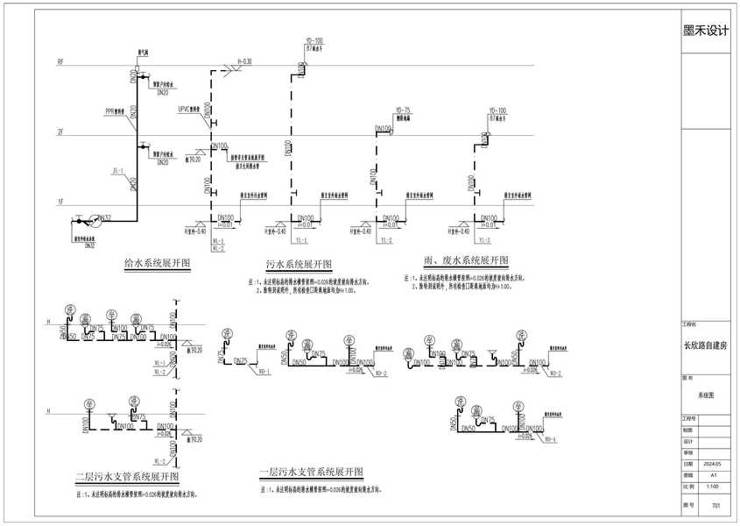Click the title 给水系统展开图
(x=158, y=262)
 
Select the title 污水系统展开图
(x=299, y=265)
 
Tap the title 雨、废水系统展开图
(x=464, y=261)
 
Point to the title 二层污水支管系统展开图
(x=127, y=477)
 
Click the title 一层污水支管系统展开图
(x=311, y=473)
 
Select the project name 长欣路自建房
(x=705, y=345)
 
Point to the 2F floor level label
(x=60, y=133)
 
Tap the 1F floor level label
(x=60, y=203)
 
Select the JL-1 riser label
(x=118, y=171)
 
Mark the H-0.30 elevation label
(x=244, y=61)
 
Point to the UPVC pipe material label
(x=185, y=110)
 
